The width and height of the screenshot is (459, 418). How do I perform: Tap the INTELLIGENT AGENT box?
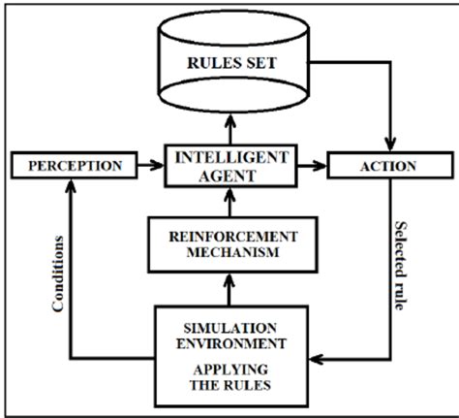pos(229,166)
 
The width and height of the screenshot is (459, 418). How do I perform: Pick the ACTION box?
pos(387,166)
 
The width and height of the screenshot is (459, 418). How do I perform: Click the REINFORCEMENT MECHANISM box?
pos(229,244)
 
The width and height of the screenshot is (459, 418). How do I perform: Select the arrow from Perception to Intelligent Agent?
pos(148,166)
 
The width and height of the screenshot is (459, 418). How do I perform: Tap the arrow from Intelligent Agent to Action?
pos(309,166)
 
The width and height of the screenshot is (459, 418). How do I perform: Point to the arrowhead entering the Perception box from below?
pos(69,185)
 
